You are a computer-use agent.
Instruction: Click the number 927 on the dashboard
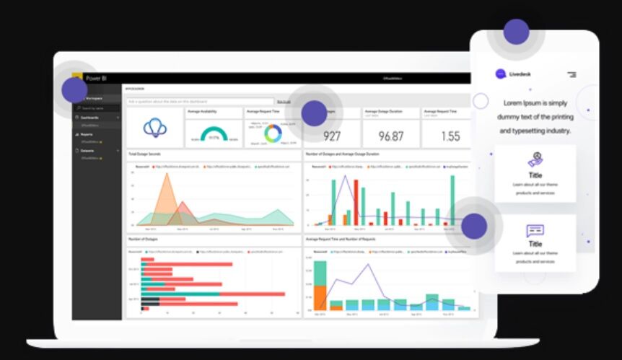pos(332,136)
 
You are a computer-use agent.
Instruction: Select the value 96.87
pos(391,136)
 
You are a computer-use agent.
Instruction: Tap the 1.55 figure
pos(450,136)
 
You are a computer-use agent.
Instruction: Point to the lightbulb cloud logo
pos(154,128)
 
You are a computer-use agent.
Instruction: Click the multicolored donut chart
pos(273,133)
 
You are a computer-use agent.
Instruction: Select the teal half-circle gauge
pos(214,135)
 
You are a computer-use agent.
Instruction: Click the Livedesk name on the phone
pos(520,74)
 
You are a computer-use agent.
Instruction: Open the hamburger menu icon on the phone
pos(571,74)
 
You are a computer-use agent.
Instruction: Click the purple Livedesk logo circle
pos(501,74)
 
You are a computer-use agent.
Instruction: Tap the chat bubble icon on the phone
pos(535,231)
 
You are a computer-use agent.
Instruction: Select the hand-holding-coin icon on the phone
pos(535,159)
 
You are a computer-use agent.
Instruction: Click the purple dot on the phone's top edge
pos(516,32)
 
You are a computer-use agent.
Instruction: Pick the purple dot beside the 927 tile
pos(314,113)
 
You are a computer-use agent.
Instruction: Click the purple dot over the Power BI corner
pos(74,89)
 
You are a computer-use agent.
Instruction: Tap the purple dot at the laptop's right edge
pos(474,226)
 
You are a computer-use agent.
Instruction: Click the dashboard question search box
pos(201,102)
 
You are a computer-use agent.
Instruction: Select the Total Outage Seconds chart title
pos(144,154)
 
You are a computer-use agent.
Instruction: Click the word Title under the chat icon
pos(535,244)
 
